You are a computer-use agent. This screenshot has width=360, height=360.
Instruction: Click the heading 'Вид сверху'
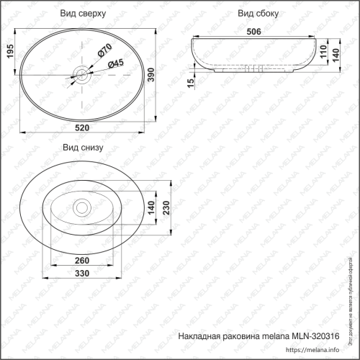point(84,14)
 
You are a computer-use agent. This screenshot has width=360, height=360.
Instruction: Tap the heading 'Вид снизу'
point(84,148)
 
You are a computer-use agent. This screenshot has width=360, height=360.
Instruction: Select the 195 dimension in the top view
point(9,51)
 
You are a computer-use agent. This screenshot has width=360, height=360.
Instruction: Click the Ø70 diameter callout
point(102,50)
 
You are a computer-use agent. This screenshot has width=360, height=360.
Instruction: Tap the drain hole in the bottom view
point(81,208)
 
